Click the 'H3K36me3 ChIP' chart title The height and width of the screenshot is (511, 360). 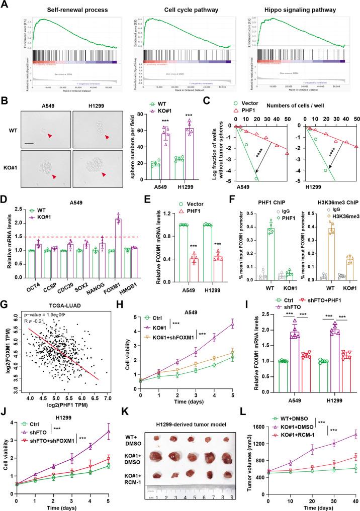pos(322,217)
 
